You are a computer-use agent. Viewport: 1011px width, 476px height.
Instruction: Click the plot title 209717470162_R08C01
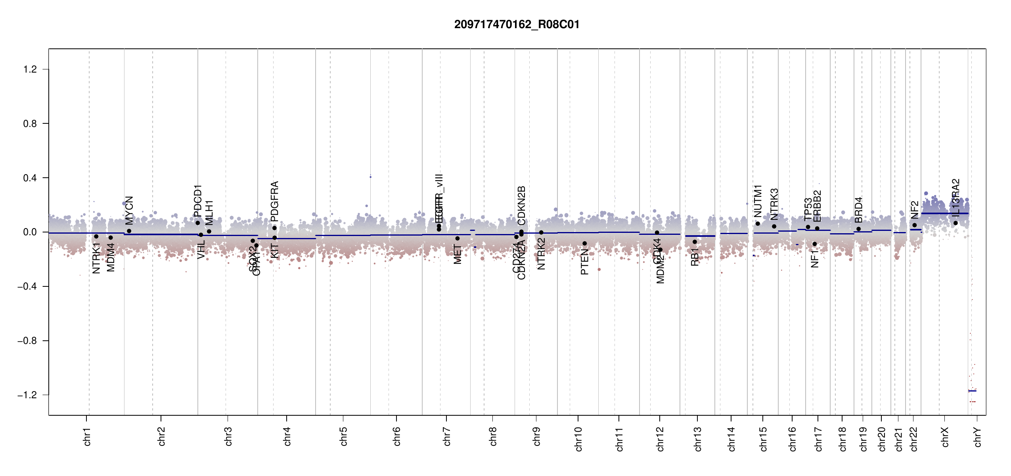coord(517,25)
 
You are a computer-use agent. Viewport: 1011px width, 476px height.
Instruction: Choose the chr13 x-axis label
coord(698,439)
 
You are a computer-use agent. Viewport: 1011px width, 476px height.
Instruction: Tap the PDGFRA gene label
coord(274,201)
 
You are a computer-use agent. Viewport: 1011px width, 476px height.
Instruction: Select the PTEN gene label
coord(584,262)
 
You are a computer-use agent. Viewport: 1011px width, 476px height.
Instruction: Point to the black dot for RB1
coord(695,242)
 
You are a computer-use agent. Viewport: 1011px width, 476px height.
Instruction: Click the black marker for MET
coord(458,238)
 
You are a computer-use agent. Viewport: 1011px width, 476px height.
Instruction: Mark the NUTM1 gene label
coord(758,201)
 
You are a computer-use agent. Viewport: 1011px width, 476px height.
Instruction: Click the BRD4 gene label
coord(858,210)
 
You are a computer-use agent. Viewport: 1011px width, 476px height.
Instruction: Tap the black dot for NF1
coord(815,244)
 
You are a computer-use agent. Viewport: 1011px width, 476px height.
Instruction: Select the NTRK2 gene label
coord(541,254)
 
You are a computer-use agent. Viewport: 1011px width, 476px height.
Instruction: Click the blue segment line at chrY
coord(972,391)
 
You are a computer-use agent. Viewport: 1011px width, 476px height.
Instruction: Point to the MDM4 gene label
coord(111,257)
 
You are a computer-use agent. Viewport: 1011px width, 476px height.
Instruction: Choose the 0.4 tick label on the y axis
coord(30,178)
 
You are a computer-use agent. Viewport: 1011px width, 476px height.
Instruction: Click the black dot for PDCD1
coord(198,223)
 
